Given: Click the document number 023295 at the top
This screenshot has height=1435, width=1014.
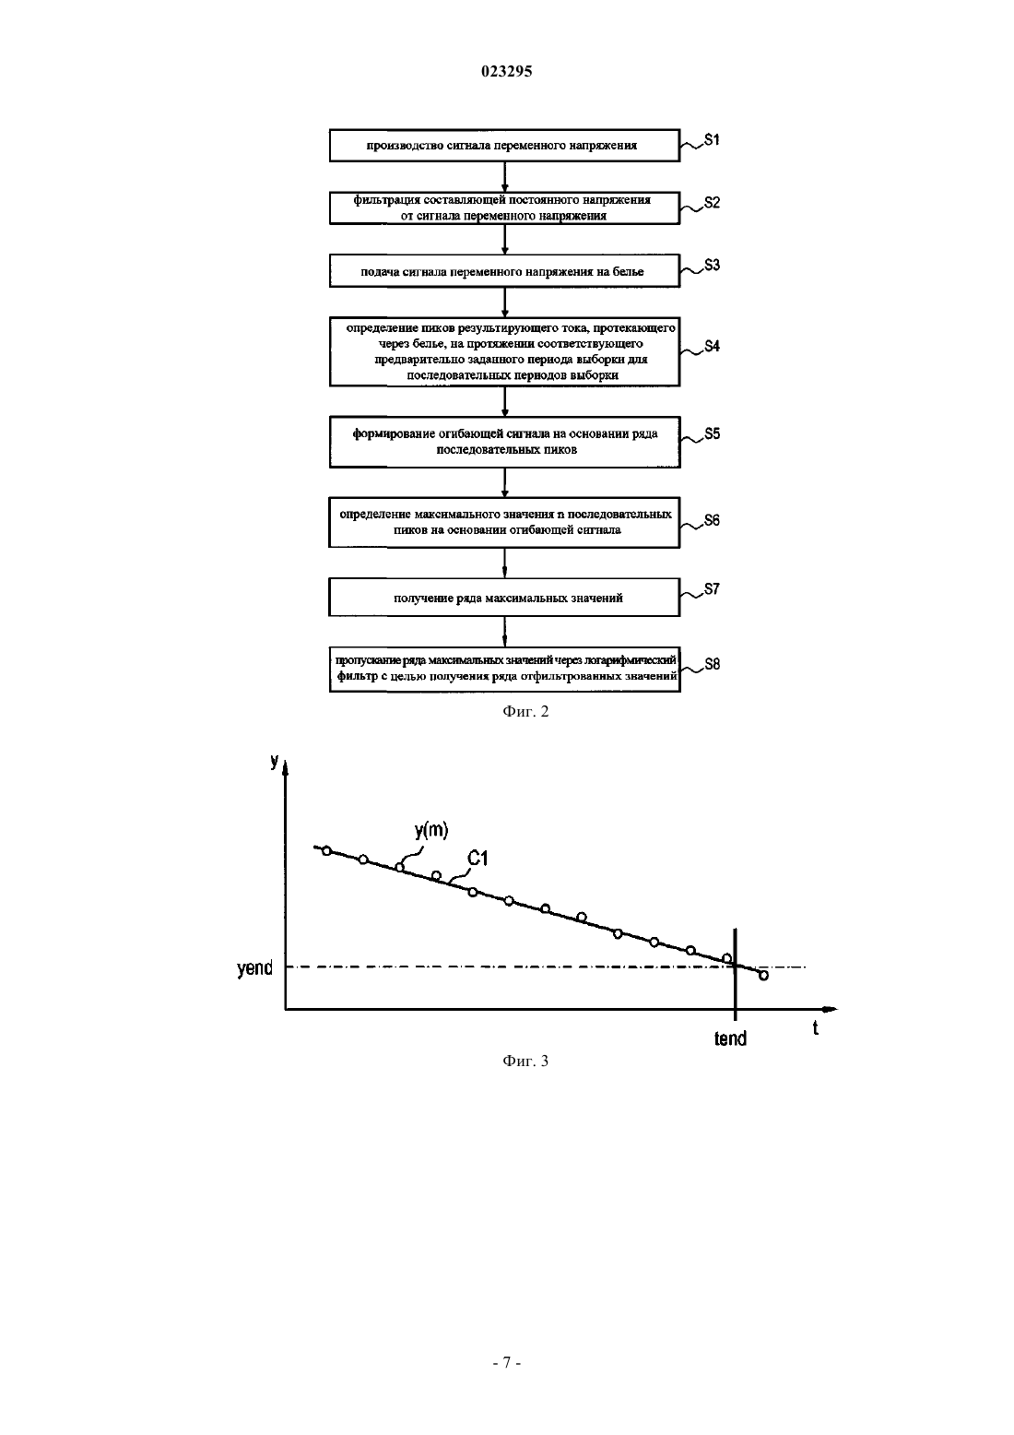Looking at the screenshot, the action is coord(506,71).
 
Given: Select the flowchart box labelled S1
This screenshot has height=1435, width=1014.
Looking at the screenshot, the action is coord(504,146).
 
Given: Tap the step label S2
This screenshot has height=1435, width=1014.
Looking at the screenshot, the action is coord(712,203).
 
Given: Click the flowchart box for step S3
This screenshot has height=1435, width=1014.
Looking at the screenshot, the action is coord(504,271).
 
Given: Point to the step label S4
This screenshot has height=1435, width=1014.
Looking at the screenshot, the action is coord(712,346).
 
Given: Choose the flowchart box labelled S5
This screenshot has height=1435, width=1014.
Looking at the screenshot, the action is coord(504,442).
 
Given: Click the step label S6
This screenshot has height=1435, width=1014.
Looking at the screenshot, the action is coord(712,520).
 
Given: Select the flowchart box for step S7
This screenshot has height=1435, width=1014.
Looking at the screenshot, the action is coord(504,598).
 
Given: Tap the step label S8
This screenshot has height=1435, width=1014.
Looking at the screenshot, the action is coord(712,664).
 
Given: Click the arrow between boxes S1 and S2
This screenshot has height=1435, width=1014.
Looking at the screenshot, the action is coord(504,177).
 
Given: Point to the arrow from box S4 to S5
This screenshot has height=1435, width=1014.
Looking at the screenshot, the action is coord(504,402).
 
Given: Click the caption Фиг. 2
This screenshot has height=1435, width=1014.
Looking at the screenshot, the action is coord(525,712).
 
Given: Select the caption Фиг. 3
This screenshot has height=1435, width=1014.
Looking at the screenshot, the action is coord(525,1061).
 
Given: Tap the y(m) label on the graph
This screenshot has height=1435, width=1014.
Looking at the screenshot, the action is coord(431,831).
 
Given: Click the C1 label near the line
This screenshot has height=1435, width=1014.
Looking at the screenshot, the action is coord(478,859).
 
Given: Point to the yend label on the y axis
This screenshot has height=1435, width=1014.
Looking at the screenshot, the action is coord(254,968).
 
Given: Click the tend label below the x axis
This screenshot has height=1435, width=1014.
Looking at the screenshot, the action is coord(730,1038).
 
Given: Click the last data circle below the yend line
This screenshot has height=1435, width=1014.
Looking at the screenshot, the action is coord(763,976).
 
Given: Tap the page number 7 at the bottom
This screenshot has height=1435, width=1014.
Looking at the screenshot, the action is coord(506,1363).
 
